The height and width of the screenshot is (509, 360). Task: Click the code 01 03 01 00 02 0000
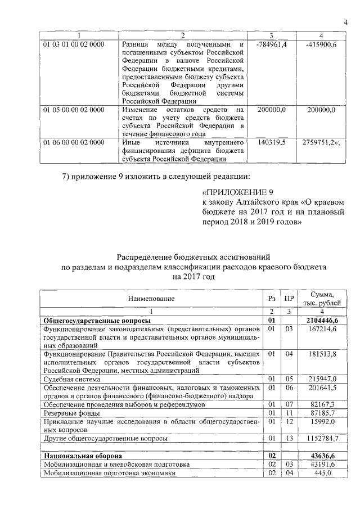tap(74, 44)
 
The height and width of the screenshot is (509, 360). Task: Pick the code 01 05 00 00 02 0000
tap(74, 110)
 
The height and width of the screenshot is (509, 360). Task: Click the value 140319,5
tap(272, 143)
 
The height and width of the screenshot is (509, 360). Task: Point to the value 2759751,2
tap(322, 143)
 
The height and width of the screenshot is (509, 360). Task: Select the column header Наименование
tap(151, 298)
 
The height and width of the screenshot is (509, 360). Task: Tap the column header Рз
tap(272, 298)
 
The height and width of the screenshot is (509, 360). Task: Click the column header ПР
tap(289, 298)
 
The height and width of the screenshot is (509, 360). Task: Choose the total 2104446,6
tap(325, 320)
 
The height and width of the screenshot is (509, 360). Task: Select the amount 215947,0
tap(325, 380)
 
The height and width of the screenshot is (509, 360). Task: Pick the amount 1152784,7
tap(325, 437)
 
